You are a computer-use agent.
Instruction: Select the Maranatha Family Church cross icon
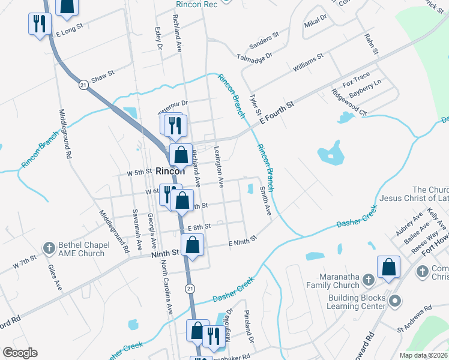pyautogui.click(x=369, y=279)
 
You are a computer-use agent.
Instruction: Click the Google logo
pyautogui.click(x=19, y=353)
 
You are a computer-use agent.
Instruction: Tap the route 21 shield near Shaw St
pyautogui.click(x=82, y=86)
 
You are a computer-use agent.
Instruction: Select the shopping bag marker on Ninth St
pyautogui.click(x=192, y=245)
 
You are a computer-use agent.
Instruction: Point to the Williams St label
pyautogui.click(x=308, y=63)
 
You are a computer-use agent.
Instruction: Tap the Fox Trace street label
pyautogui.click(x=356, y=79)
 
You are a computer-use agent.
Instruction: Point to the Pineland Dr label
pyautogui.click(x=249, y=326)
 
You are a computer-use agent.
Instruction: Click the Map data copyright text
pyautogui.click(x=423, y=355)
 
